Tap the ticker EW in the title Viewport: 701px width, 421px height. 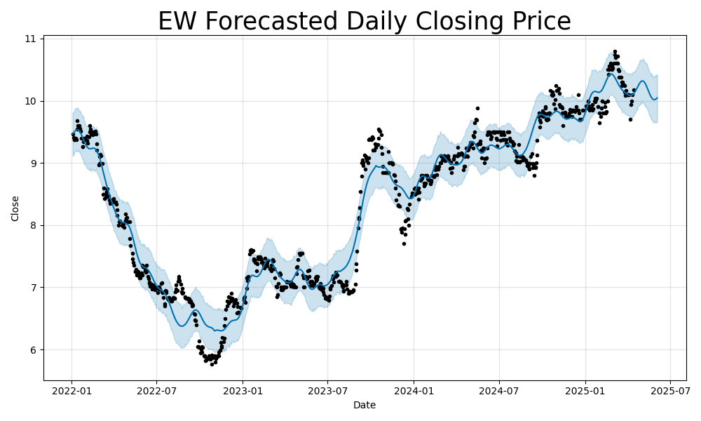click(175, 22)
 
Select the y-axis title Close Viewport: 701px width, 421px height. click(15, 208)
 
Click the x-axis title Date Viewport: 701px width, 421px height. click(365, 405)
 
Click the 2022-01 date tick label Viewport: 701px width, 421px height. click(72, 390)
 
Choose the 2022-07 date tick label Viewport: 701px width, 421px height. click(156, 390)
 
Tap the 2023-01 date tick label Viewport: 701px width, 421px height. click(243, 390)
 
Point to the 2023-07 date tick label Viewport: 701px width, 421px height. click(327, 390)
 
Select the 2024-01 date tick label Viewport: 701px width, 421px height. click(414, 390)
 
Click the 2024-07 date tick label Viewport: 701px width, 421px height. click(499, 390)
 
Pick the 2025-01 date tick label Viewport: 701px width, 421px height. click(585, 390)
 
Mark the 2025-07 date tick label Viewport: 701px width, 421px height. click(670, 390)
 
